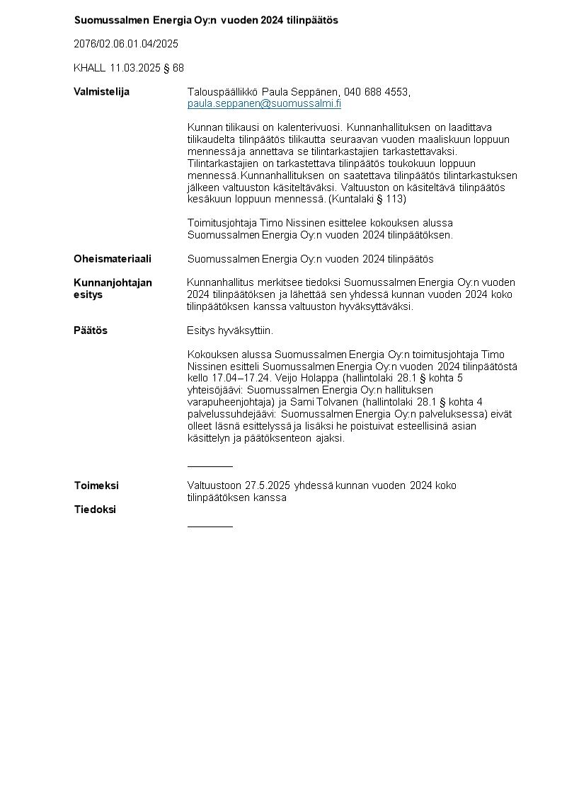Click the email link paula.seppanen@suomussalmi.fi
pyautogui.click(x=264, y=104)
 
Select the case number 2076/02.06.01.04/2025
pyautogui.click(x=126, y=44)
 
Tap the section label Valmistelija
pyautogui.click(x=101, y=92)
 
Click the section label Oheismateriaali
pyautogui.click(x=113, y=259)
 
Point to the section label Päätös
pyautogui.click(x=91, y=330)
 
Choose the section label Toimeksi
pyautogui.click(x=96, y=485)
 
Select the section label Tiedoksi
pyautogui.click(x=95, y=510)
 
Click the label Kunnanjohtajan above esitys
pyautogui.click(x=113, y=283)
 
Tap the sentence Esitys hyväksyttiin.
pyautogui.click(x=230, y=330)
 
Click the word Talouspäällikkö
pyautogui.click(x=223, y=92)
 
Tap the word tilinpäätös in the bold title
pyautogui.click(x=311, y=21)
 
